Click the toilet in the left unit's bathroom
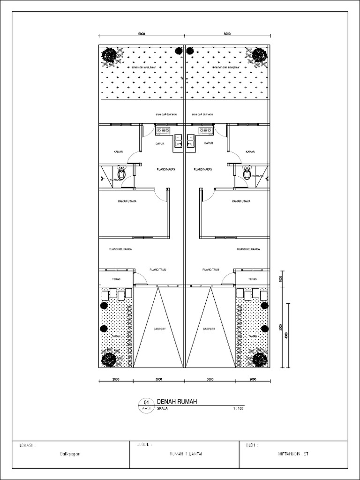point(122,173)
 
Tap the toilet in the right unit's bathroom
point(247,173)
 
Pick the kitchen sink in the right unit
point(191,141)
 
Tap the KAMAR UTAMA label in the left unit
point(127,201)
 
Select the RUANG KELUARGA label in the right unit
point(248,249)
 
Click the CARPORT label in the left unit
point(159,329)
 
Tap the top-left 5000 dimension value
point(142,34)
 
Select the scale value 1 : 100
point(238,409)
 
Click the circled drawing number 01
point(146,402)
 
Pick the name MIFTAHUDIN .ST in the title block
point(293,454)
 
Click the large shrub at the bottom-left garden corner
point(109,360)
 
